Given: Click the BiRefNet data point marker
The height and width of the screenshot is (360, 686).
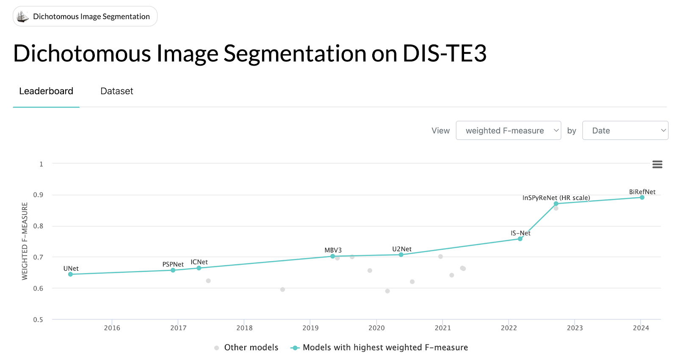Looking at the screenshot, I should (x=642, y=197).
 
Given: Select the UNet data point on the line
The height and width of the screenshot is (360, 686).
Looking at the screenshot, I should (x=70, y=274).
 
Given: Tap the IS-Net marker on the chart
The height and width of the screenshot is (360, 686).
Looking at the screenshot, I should (x=520, y=239).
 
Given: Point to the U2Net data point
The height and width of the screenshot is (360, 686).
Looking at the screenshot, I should (x=401, y=255).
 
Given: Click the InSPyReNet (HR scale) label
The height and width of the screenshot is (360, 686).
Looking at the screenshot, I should (x=556, y=198).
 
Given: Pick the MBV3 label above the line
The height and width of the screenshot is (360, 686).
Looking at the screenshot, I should (x=333, y=250).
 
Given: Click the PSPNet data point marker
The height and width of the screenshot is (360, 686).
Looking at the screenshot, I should (x=173, y=270).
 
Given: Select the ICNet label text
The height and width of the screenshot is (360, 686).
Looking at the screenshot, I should (x=199, y=262).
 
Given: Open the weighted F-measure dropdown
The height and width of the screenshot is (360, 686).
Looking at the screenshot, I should (x=508, y=130).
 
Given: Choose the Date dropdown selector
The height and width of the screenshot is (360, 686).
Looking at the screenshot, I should (x=625, y=130).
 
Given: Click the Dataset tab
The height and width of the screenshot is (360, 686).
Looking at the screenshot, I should (x=116, y=91).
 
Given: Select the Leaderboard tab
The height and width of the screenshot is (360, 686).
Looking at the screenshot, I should (x=46, y=91).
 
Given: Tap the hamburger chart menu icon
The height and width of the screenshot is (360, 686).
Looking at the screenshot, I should (x=657, y=164).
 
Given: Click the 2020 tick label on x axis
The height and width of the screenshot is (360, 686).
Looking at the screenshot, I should (x=376, y=328).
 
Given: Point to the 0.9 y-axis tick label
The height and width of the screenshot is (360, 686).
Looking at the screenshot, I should (x=38, y=195).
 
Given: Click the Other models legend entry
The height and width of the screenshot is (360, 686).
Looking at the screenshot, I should (x=251, y=347).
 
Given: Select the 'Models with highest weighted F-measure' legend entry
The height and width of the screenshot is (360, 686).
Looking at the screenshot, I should (x=385, y=347).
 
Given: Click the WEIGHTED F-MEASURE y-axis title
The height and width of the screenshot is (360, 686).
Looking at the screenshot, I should (x=25, y=241).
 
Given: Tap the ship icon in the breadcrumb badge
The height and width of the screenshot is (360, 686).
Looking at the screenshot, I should (x=22, y=17).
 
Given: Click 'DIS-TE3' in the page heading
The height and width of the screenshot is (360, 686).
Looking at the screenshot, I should (x=444, y=54).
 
